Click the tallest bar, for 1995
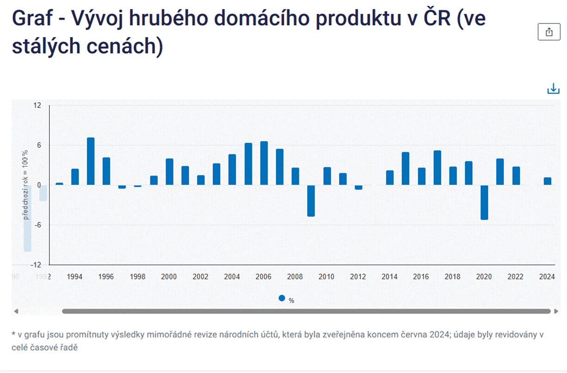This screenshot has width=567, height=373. (91, 161)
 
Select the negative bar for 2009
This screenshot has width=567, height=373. (311, 200)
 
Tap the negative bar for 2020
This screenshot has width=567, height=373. (484, 202)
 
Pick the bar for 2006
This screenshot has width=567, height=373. (264, 163)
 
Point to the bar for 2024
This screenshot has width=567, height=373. (547, 181)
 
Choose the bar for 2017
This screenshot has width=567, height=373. (437, 168)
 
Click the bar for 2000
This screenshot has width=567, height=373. (169, 172)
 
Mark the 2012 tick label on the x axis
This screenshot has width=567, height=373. (358, 277)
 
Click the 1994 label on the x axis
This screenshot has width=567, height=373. (75, 277)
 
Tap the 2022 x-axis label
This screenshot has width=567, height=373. (515, 277)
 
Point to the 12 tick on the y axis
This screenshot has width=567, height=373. (37, 105)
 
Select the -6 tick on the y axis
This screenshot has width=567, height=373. (36, 225)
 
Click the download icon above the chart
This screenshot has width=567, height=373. (553, 89)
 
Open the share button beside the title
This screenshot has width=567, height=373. (549, 32)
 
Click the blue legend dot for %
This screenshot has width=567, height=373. (282, 298)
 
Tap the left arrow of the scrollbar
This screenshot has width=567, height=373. (16, 311)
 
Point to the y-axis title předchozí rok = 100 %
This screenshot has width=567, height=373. (26, 184)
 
